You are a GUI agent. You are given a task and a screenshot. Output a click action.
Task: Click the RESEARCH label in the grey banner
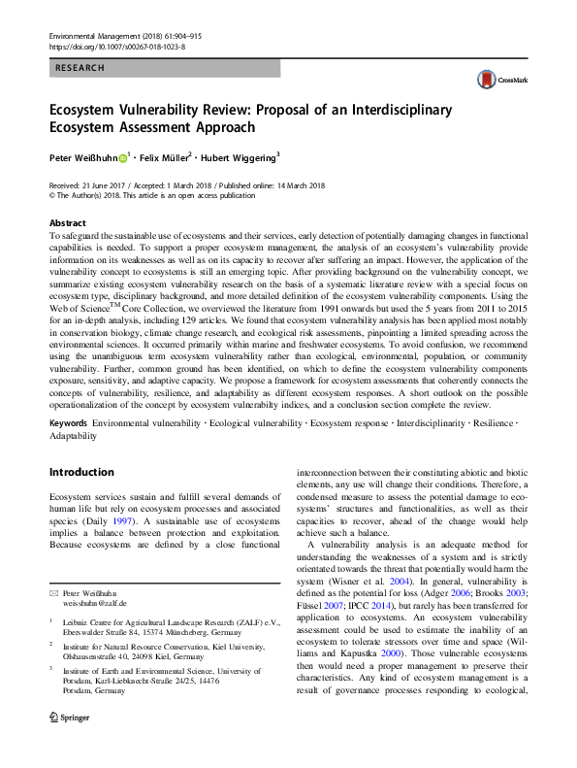80,69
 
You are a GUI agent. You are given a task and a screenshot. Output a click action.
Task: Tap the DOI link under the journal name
116,46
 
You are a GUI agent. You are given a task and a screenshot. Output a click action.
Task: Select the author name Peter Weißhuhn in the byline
83,157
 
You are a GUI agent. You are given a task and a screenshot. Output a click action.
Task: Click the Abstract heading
67,222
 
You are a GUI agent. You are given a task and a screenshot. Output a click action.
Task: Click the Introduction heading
81,472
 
